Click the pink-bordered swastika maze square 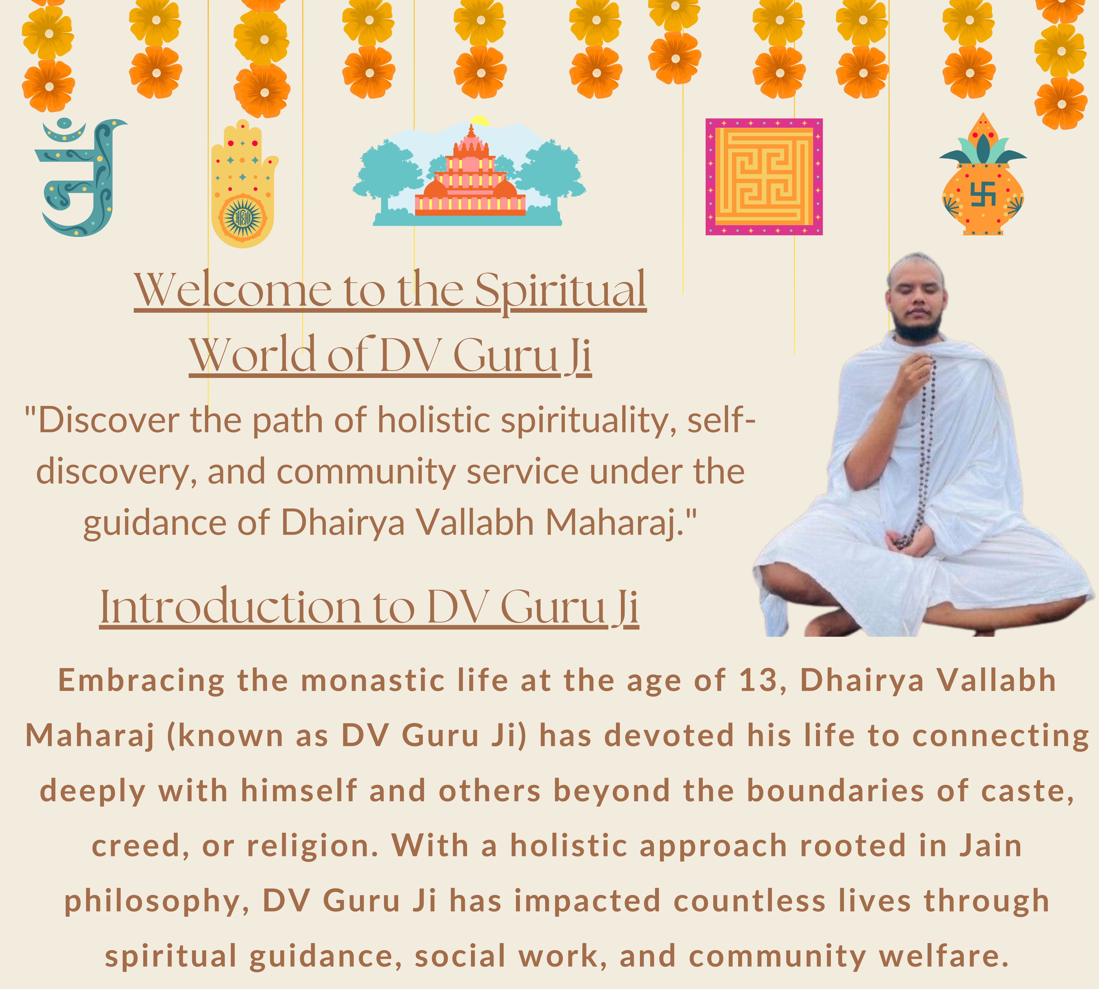(764, 177)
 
